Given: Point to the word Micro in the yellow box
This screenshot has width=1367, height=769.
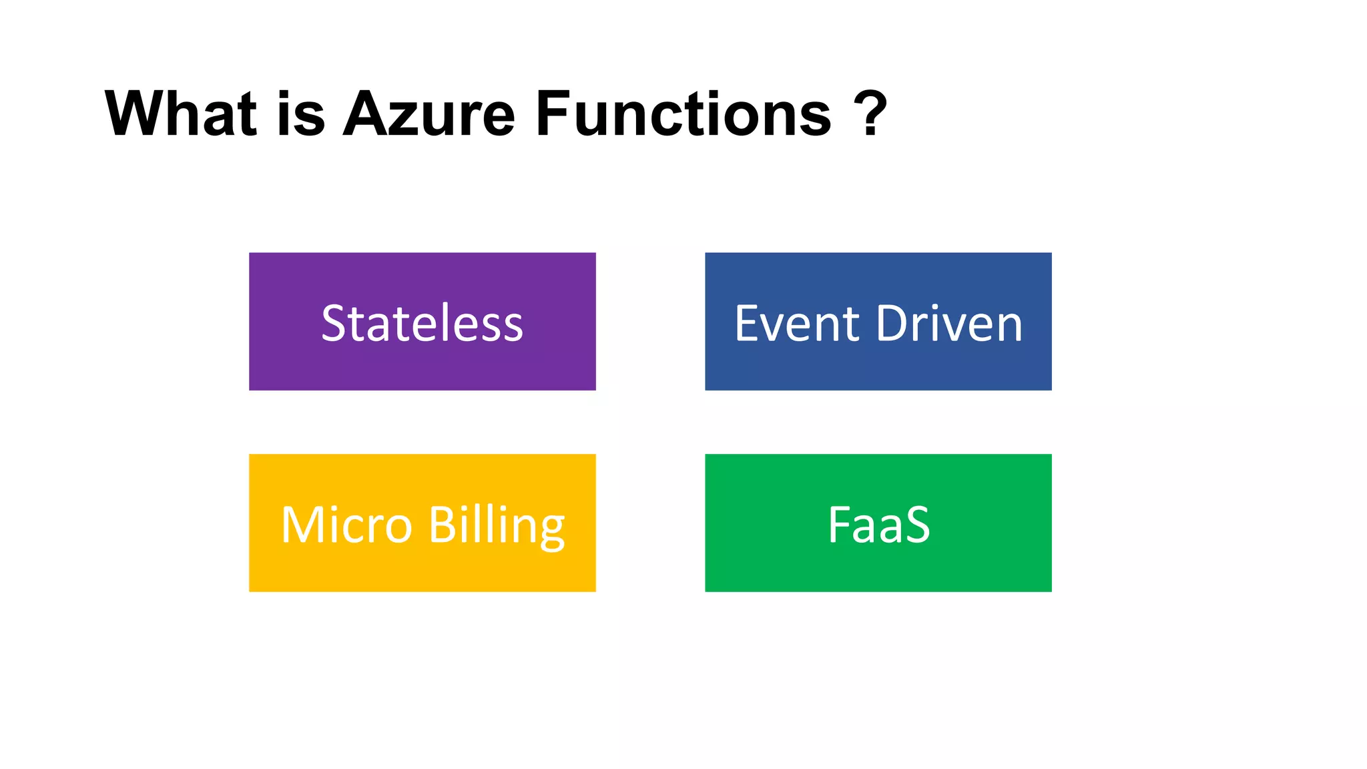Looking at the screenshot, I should coord(346,525).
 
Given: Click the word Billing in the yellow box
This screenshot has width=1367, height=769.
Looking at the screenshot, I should coord(497,526).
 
